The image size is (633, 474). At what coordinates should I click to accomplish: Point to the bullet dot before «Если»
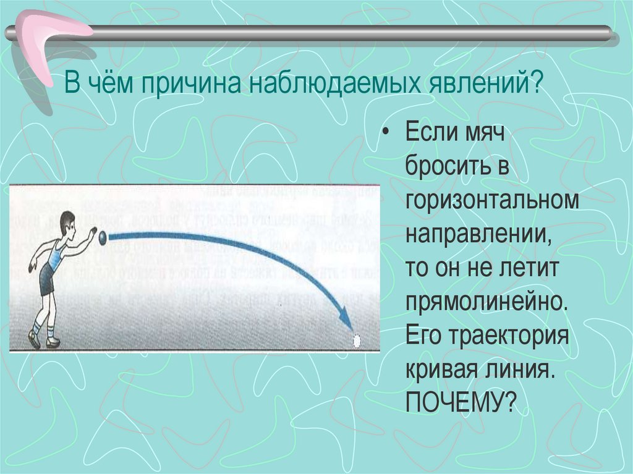pos(388,133)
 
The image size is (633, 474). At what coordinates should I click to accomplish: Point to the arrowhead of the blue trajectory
pos(346,321)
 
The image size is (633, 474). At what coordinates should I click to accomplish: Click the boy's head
pos(67,223)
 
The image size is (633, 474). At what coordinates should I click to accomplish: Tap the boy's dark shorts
pos(47,279)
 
